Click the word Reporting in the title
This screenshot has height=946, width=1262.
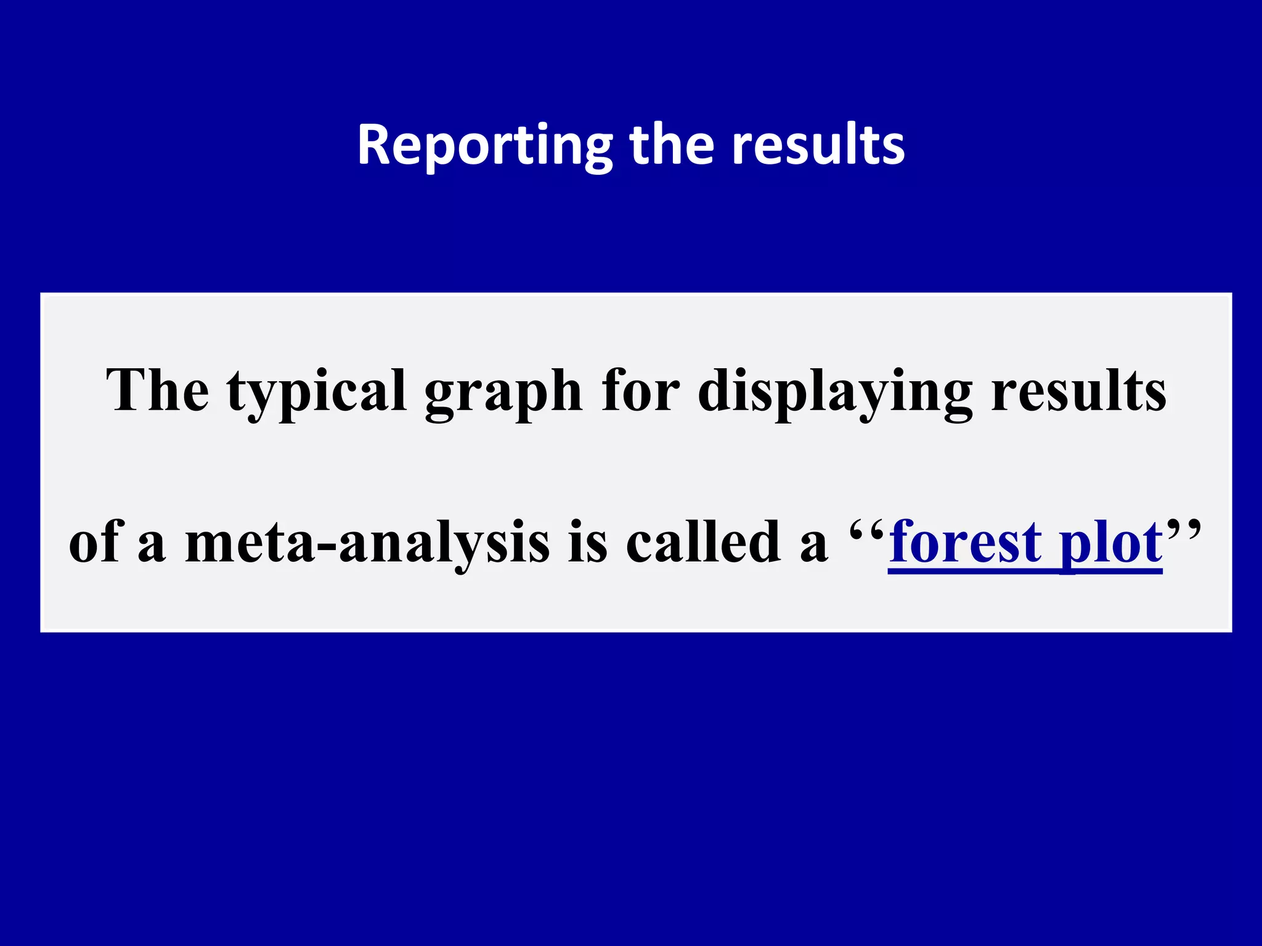point(484,145)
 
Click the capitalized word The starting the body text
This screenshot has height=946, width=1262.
point(157,390)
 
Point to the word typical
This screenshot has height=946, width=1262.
point(316,392)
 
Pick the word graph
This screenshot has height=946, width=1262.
point(503,392)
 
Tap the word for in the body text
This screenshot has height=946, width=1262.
point(641,390)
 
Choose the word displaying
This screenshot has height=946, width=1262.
point(835,392)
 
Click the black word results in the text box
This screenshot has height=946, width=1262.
point(1078,390)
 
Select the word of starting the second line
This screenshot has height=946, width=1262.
point(96,542)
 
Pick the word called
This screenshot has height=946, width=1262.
point(703,542)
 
